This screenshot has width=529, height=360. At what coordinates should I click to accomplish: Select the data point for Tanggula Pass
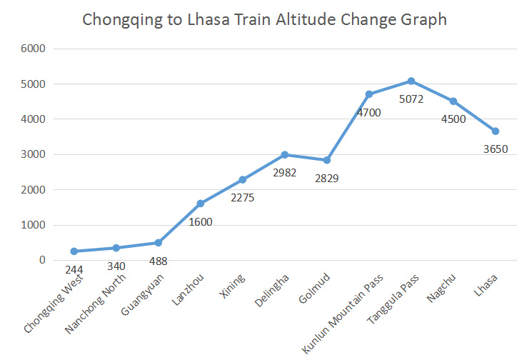pos(411,81)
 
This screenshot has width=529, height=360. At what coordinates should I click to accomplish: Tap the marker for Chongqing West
pos(74,251)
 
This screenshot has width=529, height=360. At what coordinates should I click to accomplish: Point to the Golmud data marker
pos(327,160)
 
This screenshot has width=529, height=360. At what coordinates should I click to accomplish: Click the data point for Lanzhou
pos(201,204)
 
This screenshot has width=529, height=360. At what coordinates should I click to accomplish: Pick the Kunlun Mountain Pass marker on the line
pos(369,94)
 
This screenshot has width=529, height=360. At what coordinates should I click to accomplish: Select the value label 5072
pos(411,99)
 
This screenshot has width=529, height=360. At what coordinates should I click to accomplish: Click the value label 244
pos(74,269)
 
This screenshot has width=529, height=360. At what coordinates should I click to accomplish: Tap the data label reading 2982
pos(284,172)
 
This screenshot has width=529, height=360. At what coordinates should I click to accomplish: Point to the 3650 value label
pos(495,149)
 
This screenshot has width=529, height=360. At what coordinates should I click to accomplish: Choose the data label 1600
pos(201,221)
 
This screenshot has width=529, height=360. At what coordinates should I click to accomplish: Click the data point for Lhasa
pos(495,131)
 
